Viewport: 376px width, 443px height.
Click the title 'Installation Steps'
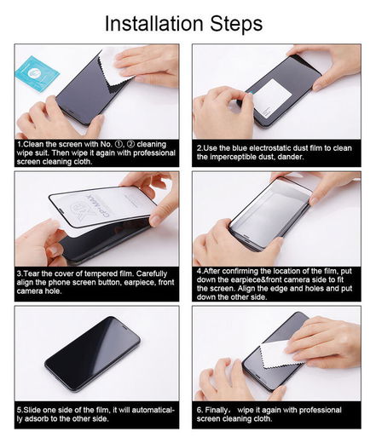pos(183,23)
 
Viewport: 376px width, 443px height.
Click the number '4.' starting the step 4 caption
pos(199,270)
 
